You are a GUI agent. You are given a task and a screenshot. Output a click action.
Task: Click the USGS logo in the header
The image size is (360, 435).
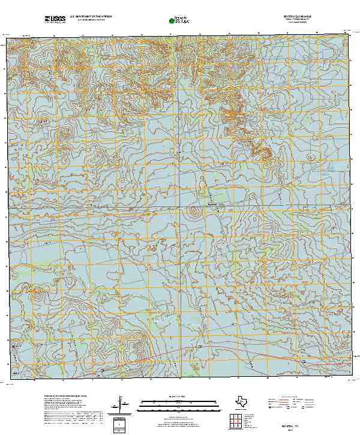(55, 19)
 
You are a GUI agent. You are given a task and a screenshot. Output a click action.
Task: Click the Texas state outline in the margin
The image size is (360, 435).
(244, 401)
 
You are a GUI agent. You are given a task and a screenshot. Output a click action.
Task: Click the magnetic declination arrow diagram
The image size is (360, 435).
(122, 404)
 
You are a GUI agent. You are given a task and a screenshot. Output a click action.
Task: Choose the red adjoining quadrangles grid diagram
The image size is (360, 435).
(236, 421)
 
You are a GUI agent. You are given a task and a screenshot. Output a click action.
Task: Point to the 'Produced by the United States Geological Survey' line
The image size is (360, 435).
(66, 397)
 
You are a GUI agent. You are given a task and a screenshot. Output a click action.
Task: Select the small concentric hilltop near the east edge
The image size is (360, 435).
(310, 157)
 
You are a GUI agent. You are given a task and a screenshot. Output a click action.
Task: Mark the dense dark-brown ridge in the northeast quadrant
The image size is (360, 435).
(262, 150)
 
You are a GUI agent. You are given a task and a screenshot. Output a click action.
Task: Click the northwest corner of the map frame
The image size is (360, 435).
(7, 37)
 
